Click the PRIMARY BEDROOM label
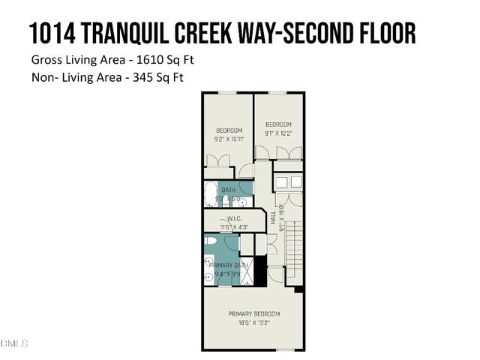[x=253, y=313]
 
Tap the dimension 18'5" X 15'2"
[x=253, y=322]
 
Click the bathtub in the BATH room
[x=210, y=195]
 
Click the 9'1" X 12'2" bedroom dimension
[x=278, y=133]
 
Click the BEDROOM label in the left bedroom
[x=228, y=130]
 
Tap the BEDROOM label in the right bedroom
[x=278, y=124]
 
